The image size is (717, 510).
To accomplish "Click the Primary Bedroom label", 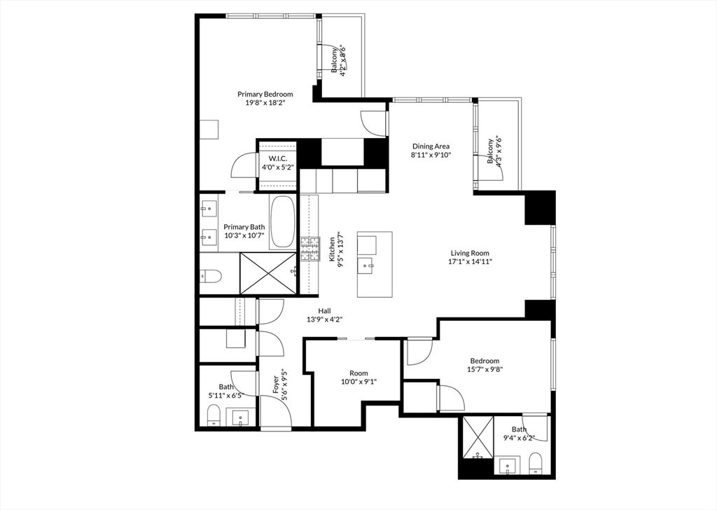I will (265, 94).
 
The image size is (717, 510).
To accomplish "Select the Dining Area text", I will (431, 146).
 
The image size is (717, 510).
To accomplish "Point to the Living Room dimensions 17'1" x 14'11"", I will (470, 262).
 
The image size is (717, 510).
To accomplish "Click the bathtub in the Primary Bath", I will (283, 221).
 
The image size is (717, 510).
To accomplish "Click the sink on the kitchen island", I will (366, 265).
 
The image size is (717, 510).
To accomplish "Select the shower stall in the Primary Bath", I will (268, 273).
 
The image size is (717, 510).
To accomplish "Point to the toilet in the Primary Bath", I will (211, 277).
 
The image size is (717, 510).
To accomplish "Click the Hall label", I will (324, 311).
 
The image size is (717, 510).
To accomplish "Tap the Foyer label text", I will (277, 385).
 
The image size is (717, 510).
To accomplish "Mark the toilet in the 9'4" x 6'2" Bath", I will (536, 462).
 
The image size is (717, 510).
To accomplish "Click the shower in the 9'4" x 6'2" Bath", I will (476, 438).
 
